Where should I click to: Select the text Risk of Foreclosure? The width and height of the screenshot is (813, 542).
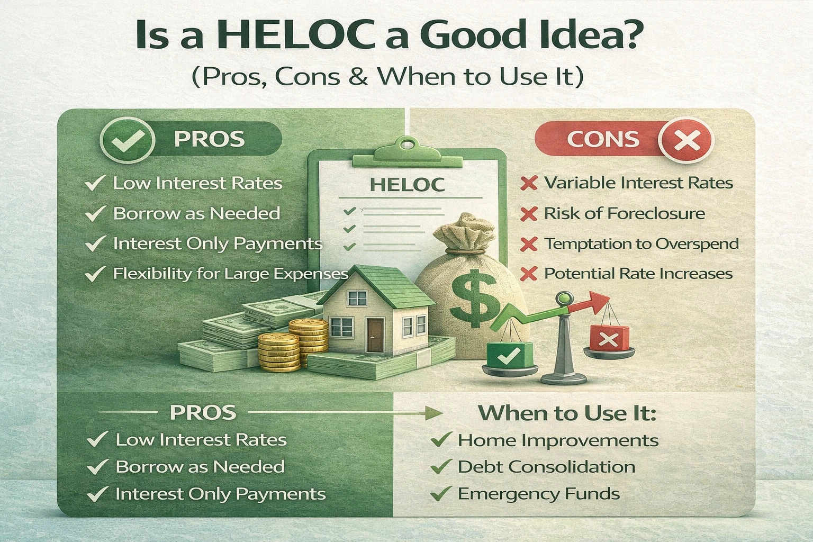point(625,213)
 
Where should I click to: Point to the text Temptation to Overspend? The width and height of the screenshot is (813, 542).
point(641,243)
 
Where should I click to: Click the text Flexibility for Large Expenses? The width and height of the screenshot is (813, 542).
point(230,274)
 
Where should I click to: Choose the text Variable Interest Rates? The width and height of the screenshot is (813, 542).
point(638,183)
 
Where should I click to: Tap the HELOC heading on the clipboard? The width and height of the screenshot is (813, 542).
point(407,184)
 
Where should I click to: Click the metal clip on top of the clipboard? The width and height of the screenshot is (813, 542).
point(406,148)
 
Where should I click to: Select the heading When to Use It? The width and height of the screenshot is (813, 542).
point(567,412)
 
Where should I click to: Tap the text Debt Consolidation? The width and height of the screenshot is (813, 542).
point(546,467)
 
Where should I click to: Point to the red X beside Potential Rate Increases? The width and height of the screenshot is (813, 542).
point(529,274)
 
